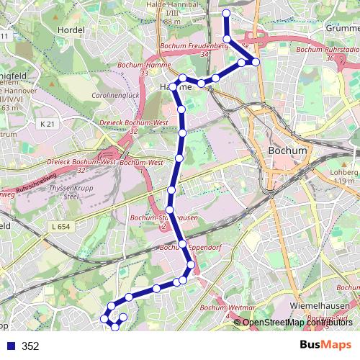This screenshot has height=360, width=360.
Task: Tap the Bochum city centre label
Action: click(x=286, y=151)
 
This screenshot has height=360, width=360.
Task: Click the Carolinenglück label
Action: click(x=115, y=94)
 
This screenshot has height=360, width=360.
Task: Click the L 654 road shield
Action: click(x=63, y=227)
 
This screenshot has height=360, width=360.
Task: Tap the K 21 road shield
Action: click(x=48, y=124)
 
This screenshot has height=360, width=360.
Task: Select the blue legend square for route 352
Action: click(x=10, y=346)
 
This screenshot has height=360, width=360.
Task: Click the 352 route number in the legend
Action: click(x=30, y=346)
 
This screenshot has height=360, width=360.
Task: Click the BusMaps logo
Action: click(x=325, y=346)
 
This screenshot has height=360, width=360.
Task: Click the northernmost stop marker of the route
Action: click(x=227, y=14)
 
